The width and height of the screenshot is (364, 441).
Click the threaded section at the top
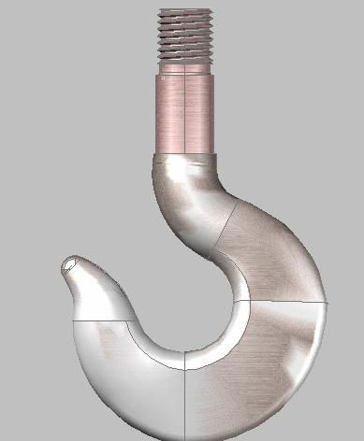(x=185, y=33)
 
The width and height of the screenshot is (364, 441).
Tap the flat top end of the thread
(x=185, y=10)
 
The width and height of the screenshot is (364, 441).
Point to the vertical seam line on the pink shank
(x=185, y=112)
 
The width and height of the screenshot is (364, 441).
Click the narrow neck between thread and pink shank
(x=185, y=67)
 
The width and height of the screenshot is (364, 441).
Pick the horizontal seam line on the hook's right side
(x=285, y=302)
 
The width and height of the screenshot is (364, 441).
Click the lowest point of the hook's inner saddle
(x=186, y=354)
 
